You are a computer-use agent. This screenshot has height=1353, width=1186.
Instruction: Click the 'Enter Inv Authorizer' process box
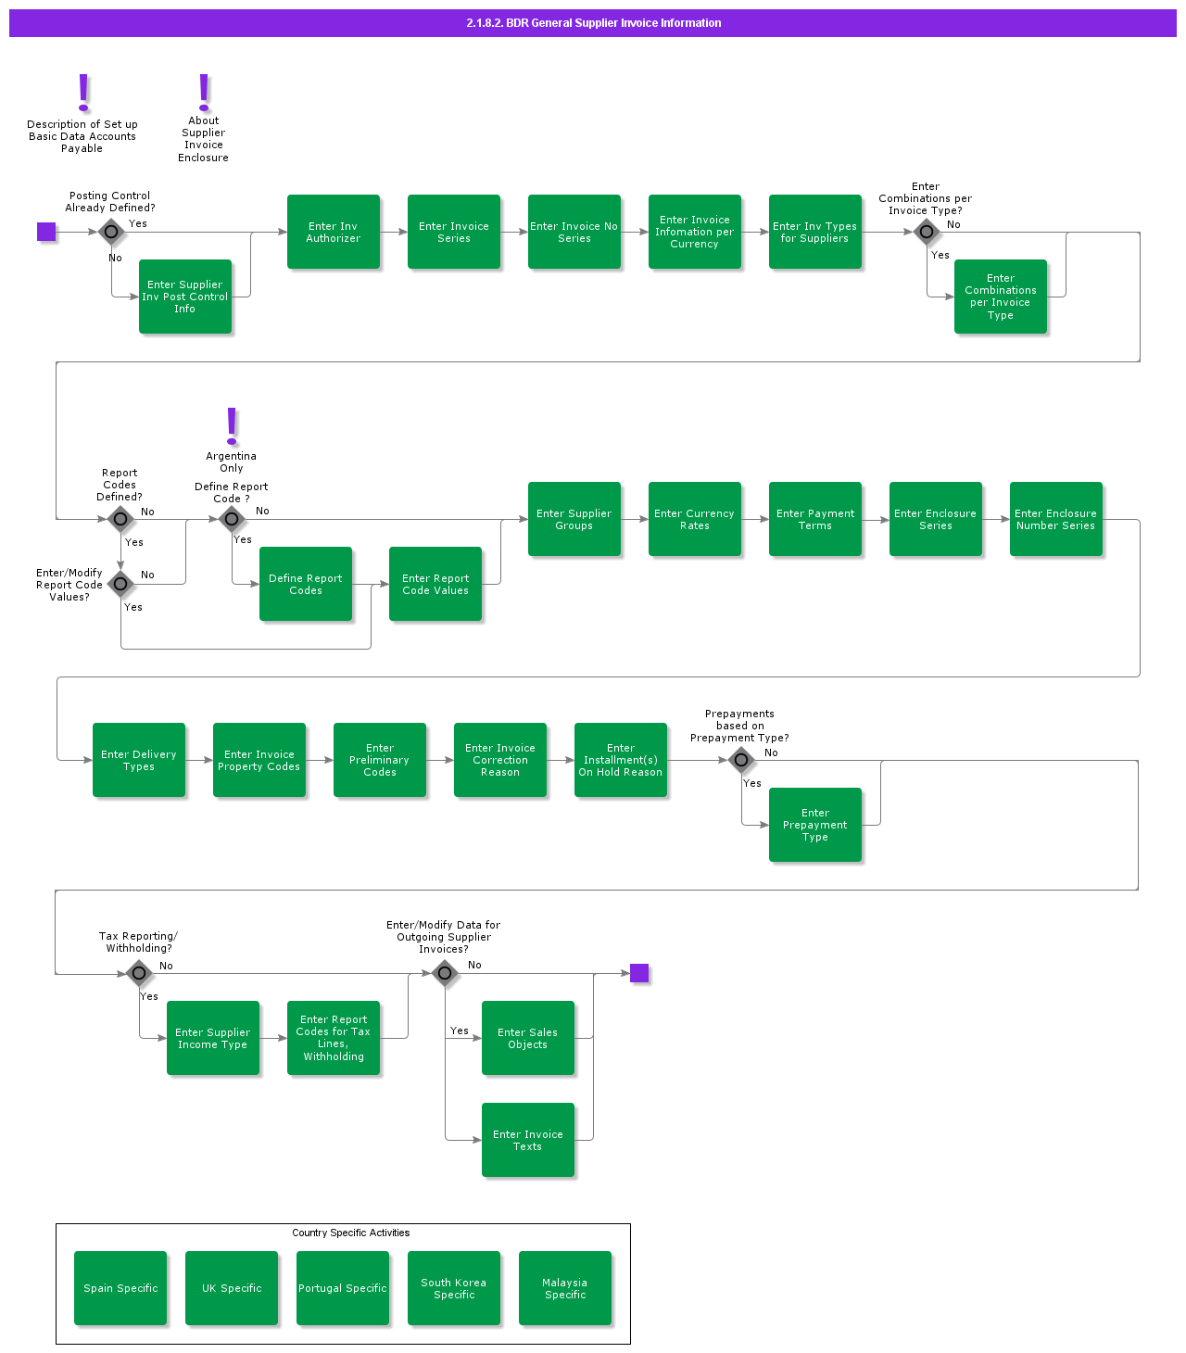click(x=334, y=232)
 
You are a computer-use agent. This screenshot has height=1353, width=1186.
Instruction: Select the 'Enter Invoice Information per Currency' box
click(x=695, y=232)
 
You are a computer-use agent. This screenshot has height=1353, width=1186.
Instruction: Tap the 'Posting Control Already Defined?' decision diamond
click(x=111, y=232)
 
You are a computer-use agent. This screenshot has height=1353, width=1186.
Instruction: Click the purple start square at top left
click(x=46, y=232)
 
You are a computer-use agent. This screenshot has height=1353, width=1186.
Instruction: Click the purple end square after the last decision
click(x=639, y=973)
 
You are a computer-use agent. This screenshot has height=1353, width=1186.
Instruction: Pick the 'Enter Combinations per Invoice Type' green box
click(x=1001, y=297)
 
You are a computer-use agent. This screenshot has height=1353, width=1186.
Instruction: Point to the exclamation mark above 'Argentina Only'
click(x=232, y=425)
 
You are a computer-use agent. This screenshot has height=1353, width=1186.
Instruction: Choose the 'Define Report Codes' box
click(x=306, y=584)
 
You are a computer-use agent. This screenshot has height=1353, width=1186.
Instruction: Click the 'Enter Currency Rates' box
click(x=695, y=519)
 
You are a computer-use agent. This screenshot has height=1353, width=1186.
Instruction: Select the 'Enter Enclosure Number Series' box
click(x=1056, y=519)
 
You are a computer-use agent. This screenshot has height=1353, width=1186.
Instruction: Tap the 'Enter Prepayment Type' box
click(x=815, y=825)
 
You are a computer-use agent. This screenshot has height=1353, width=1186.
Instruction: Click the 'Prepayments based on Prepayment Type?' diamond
click(x=741, y=760)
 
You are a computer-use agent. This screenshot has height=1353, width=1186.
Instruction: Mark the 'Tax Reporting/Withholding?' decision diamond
click(x=139, y=973)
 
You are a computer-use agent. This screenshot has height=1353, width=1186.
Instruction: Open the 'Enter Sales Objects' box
click(x=528, y=1038)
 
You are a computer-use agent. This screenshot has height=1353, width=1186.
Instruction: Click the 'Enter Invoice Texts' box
click(x=528, y=1140)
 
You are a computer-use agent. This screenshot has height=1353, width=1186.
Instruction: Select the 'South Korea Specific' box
click(x=454, y=1288)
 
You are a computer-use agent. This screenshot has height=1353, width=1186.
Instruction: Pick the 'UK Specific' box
click(x=232, y=1288)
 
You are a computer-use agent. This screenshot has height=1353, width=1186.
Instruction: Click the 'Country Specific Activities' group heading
click(x=350, y=1233)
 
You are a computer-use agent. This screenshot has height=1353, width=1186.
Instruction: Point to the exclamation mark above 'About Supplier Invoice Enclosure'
click(x=204, y=92)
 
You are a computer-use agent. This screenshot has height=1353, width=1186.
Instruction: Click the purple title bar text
click(x=593, y=23)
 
